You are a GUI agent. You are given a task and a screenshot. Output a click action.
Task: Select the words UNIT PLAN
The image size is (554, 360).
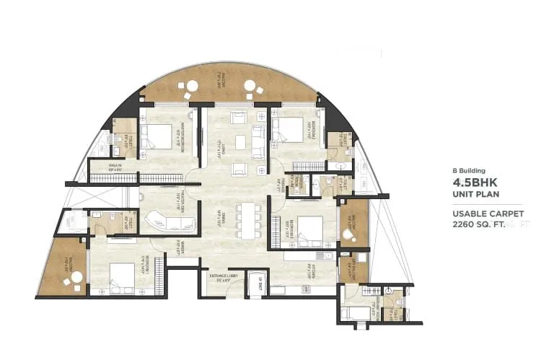[x=475, y=195]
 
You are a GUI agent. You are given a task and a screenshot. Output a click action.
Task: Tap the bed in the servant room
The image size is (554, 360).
[x=356, y=312]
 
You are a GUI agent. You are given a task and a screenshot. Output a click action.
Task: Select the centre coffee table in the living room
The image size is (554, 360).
[x=239, y=142]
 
